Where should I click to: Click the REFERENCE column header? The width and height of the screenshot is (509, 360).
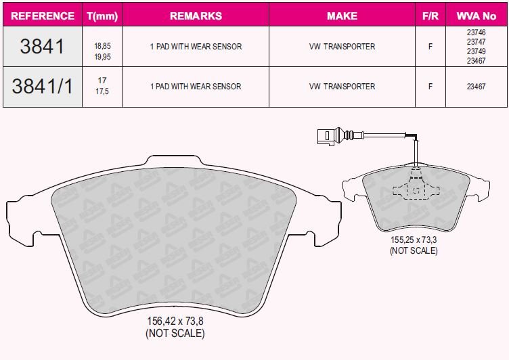coord(43,16)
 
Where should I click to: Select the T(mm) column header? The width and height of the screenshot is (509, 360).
coord(102,16)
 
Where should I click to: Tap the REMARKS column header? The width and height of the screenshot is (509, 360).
coord(196,16)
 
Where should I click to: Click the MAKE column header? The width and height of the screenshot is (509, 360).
coord(342,16)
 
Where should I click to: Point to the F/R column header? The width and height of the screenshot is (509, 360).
coord(430,16)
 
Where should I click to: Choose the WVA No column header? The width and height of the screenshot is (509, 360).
coord(477,16)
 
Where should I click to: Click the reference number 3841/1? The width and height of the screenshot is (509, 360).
coord(42,87)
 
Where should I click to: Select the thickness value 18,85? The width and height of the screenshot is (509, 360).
coord(103,46)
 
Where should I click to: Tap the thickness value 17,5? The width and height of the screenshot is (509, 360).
coord(102,91)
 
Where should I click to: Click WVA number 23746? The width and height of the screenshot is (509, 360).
coord(477,32)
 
